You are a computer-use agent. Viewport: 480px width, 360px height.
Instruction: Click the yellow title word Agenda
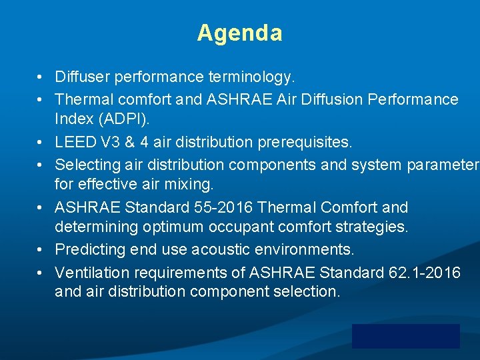[x=239, y=33]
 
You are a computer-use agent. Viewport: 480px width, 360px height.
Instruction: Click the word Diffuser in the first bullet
[x=82, y=77]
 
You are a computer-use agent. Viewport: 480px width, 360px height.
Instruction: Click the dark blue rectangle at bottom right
[x=405, y=336]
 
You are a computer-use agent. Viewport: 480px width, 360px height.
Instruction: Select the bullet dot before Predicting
[x=41, y=250]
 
